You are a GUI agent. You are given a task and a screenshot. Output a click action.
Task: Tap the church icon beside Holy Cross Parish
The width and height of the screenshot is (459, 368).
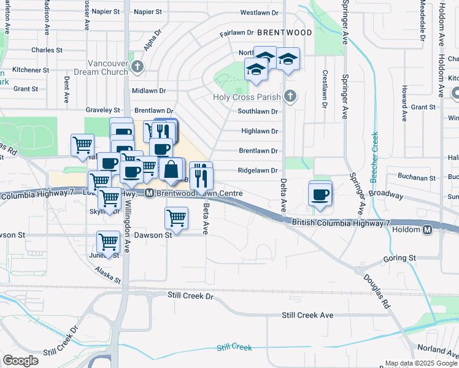pyautogui.click(x=290, y=96)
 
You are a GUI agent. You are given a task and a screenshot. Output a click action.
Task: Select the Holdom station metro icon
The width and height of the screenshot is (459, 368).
pyautogui.click(x=428, y=230)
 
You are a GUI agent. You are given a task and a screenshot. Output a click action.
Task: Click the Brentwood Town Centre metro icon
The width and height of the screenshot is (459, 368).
pyautogui.click(x=149, y=193)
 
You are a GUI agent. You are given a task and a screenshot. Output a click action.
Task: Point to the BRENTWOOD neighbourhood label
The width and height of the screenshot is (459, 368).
pyautogui.click(x=284, y=32)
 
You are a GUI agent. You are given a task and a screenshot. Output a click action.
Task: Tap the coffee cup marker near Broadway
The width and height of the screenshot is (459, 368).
pyautogui.click(x=320, y=194)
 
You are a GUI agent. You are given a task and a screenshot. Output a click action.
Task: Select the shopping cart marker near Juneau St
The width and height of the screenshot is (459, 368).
pyautogui.click(x=108, y=242)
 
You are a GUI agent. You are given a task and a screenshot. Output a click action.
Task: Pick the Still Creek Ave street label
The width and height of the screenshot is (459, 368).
pyautogui.click(x=307, y=315)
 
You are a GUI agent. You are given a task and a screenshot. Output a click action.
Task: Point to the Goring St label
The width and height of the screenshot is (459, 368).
pyautogui.click(x=399, y=258)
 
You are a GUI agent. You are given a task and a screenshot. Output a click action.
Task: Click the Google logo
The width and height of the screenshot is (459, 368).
pyautogui.click(x=20, y=361)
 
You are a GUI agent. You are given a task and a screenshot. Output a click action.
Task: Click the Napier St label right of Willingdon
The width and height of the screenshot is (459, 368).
pyautogui.click(x=147, y=12)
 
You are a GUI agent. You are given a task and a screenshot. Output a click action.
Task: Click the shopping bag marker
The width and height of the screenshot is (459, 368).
pyautogui.click(x=172, y=169)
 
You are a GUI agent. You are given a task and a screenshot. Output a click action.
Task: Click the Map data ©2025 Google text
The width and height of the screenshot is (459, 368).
pyautogui.click(x=420, y=363)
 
